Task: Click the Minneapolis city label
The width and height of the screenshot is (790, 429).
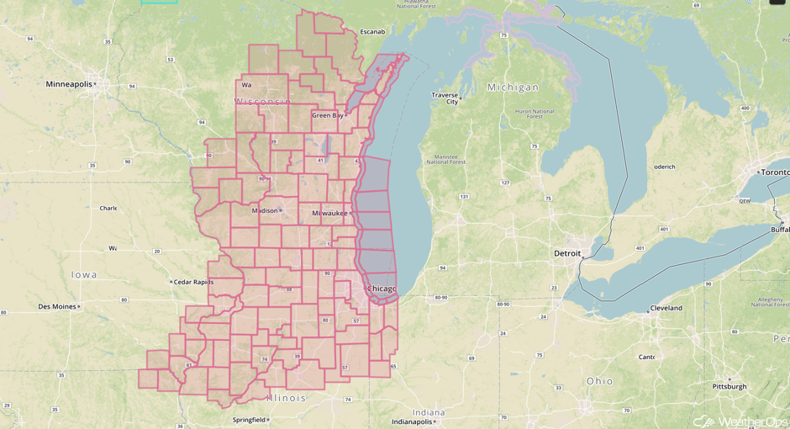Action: [70, 84]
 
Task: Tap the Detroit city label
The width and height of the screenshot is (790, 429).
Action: [568, 253]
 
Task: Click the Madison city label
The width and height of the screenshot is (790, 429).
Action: [264, 211]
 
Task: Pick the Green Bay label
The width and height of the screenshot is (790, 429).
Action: [326, 116]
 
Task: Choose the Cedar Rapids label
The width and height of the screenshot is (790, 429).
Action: [193, 282]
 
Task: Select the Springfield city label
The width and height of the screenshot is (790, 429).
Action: [250, 420]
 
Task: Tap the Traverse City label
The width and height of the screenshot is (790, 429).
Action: [445, 98]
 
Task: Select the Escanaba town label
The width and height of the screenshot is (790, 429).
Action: [372, 32]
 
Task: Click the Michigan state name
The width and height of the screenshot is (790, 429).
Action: [513, 87]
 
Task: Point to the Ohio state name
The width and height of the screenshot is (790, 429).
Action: [600, 381]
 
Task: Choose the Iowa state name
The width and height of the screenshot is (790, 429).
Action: [84, 274]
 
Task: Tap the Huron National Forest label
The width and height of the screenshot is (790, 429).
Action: [535, 114]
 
